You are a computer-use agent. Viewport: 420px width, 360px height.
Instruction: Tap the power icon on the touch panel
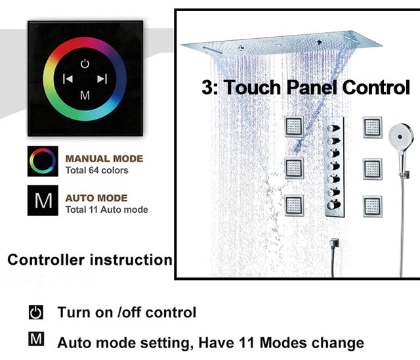click(x=85, y=64)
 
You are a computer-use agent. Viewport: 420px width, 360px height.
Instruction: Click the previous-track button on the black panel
click(x=68, y=79)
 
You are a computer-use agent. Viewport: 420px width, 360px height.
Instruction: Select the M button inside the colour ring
click(x=85, y=95)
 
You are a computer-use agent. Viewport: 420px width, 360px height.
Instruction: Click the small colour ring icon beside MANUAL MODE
click(x=43, y=161)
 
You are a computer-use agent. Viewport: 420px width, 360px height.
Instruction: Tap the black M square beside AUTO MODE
click(x=43, y=200)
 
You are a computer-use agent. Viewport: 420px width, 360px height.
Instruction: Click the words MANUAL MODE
click(x=104, y=159)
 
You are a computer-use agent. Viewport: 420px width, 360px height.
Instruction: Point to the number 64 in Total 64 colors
click(x=94, y=170)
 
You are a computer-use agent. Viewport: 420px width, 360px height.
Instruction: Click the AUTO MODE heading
click(x=96, y=198)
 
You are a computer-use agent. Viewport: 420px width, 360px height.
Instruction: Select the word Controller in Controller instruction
click(x=46, y=259)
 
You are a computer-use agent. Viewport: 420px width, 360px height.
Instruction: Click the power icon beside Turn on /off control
click(x=36, y=312)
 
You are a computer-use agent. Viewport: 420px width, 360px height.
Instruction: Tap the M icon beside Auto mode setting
click(x=36, y=339)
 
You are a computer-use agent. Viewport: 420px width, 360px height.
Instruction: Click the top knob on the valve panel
click(x=333, y=128)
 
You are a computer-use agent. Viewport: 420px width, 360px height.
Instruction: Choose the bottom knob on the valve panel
click(x=333, y=205)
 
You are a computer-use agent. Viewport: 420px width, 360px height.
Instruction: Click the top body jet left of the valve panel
click(x=294, y=126)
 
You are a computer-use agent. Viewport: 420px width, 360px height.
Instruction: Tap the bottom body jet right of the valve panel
click(x=372, y=206)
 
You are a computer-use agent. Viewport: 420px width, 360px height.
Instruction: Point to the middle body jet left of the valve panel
click(x=294, y=169)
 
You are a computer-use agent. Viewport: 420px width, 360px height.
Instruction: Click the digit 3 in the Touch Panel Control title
click(x=207, y=87)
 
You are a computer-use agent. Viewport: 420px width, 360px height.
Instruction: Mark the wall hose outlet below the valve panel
click(x=334, y=244)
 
